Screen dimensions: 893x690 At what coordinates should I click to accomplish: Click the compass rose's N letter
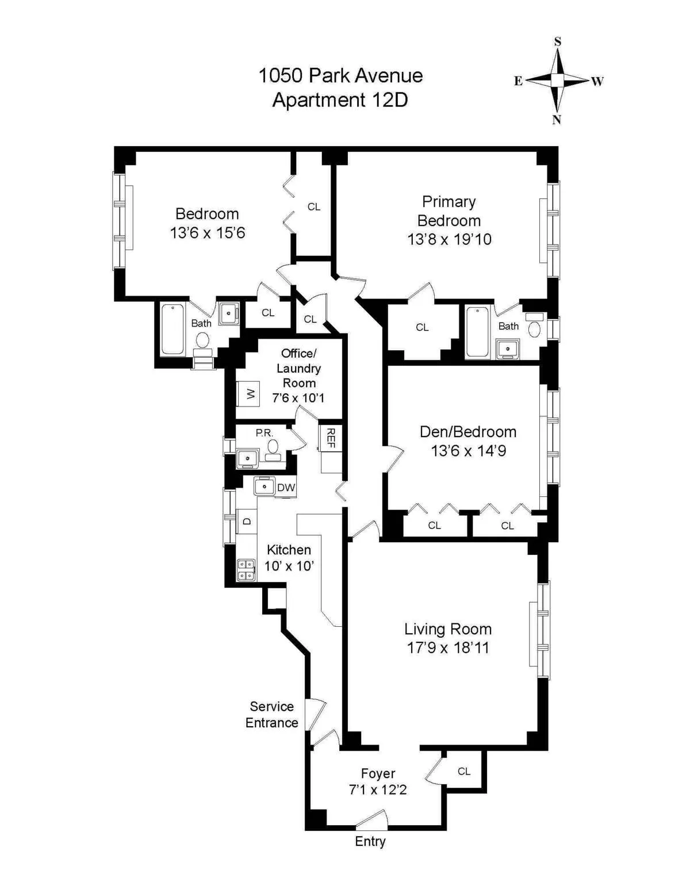pyautogui.click(x=556, y=120)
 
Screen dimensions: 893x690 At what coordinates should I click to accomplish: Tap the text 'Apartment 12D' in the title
pyautogui.click(x=340, y=99)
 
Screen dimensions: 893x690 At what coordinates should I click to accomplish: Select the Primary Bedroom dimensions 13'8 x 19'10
pyautogui.click(x=449, y=239)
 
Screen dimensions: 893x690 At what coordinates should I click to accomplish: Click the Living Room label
pyautogui.click(x=447, y=628)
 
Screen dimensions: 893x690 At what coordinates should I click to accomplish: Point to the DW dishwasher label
pyautogui.click(x=286, y=488)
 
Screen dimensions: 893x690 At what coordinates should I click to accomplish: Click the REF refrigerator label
pyautogui.click(x=331, y=438)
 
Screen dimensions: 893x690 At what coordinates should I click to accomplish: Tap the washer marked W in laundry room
pyautogui.click(x=250, y=394)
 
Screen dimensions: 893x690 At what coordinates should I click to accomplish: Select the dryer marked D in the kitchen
pyautogui.click(x=247, y=521)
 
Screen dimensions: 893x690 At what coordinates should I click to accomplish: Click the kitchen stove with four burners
pyautogui.click(x=246, y=569)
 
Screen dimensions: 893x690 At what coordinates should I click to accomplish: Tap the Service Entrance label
pyautogui.click(x=271, y=714)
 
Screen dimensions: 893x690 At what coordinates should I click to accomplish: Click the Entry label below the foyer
pyautogui.click(x=370, y=841)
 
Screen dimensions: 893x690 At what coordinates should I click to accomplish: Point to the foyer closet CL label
pyautogui.click(x=464, y=771)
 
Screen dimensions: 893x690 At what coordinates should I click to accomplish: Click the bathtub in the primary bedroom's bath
pyautogui.click(x=478, y=332)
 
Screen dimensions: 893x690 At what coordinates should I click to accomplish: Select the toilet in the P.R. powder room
pyautogui.click(x=274, y=448)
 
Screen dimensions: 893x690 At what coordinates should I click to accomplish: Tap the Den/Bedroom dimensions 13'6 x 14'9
pyautogui.click(x=468, y=451)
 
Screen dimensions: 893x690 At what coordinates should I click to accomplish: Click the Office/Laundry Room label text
pyautogui.click(x=298, y=368)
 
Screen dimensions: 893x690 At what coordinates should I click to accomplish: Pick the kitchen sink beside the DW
pyautogui.click(x=264, y=486)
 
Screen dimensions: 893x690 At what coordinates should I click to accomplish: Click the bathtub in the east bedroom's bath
pyautogui.click(x=172, y=329)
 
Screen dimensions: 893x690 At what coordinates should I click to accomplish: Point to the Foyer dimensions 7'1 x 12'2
pyautogui.click(x=378, y=789)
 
